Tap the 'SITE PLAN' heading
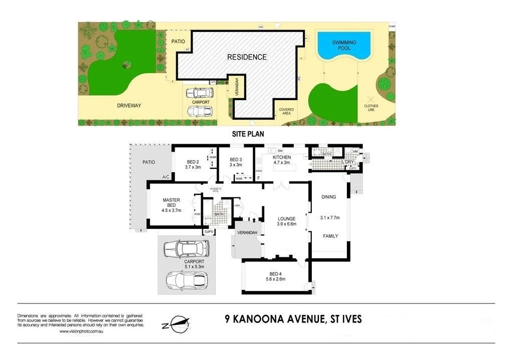pyautogui.click(x=247, y=134)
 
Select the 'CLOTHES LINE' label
pyautogui.click(x=371, y=108)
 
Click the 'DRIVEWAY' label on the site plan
pyautogui.click(x=129, y=106)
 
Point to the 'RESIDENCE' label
pyautogui.click(x=247, y=57)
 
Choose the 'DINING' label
pyautogui.click(x=329, y=197)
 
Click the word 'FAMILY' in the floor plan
pyautogui.click(x=330, y=236)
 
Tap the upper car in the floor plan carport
pyautogui.click(x=185, y=248)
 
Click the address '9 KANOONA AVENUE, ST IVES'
pyautogui.click(x=292, y=319)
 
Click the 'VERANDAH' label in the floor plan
pyautogui.click(x=247, y=233)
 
